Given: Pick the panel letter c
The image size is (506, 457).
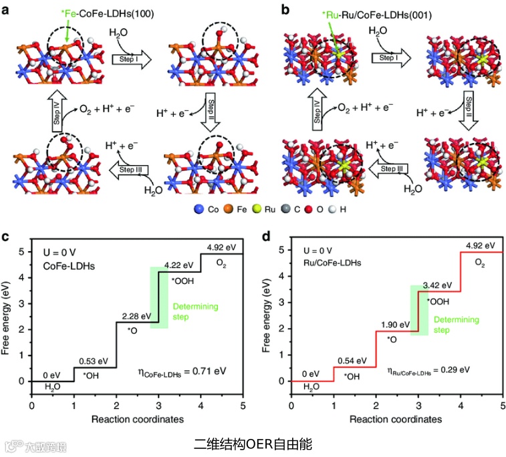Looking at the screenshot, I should (7, 236).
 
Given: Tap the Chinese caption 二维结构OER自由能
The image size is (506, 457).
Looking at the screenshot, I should (253, 442).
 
